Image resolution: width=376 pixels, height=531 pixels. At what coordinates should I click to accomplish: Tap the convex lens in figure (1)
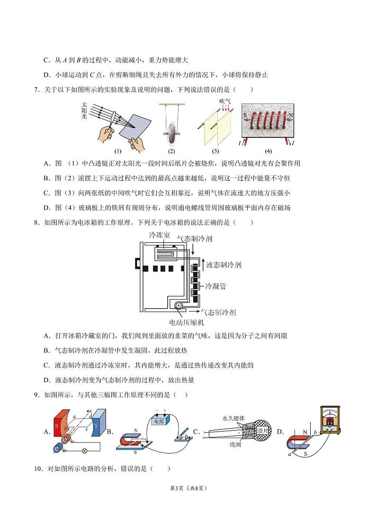113,120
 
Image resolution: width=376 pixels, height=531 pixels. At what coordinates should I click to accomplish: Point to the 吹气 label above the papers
224,101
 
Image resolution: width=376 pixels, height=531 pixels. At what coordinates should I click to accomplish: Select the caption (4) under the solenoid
269,151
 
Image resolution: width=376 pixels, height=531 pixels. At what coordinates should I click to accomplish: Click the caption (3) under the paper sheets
215,151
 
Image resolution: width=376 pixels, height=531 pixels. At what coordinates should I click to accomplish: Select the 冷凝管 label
215,286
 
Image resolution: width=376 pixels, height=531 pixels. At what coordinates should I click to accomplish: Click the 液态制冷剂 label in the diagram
224,265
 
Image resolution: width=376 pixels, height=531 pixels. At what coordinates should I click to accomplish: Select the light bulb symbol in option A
85,451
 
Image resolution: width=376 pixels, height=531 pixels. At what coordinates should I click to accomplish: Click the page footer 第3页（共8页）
188,488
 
